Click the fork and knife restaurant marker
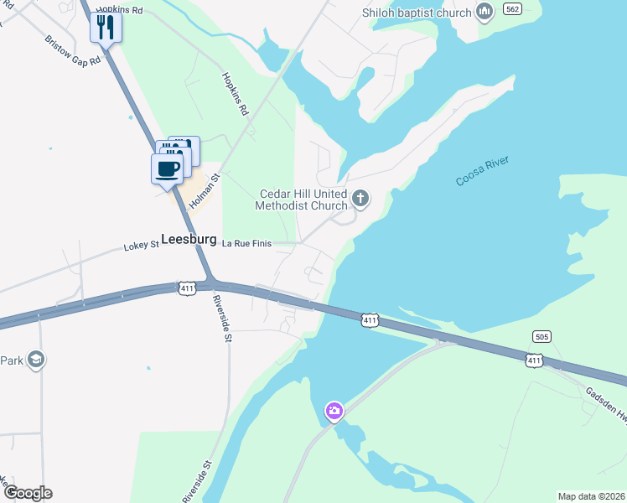point(106,28)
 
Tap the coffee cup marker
point(167,169)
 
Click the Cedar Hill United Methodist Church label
point(303,200)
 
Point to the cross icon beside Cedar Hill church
point(360,199)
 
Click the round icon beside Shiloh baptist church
point(484,12)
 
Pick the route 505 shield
point(541,336)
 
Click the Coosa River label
point(482,171)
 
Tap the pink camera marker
point(334,411)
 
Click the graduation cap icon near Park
point(36,360)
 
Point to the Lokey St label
point(141,246)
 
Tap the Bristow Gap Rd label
point(73,53)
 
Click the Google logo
point(27,493)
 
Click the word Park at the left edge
point(11,360)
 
